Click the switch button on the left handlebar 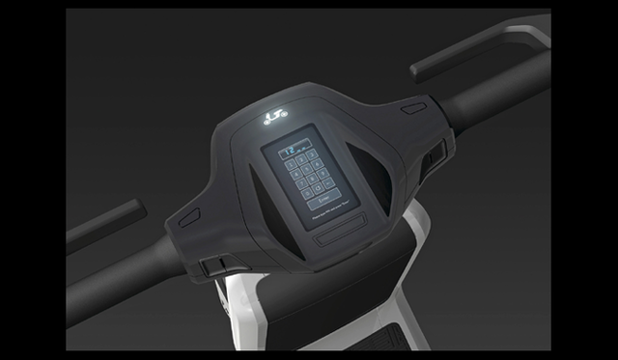216,263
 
